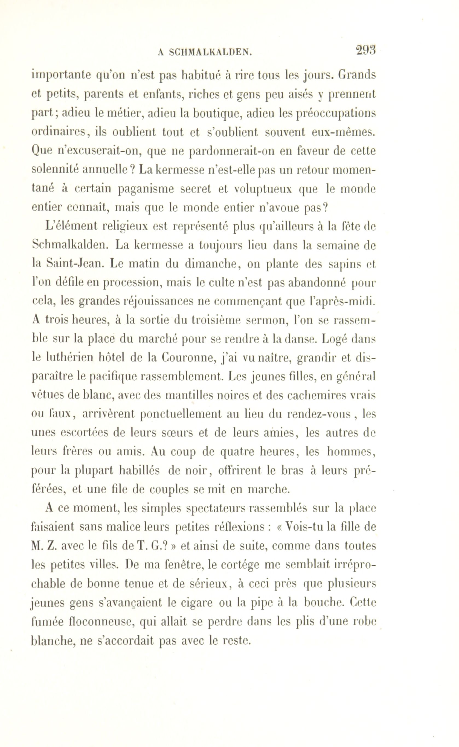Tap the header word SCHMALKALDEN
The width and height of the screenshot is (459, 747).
point(210,53)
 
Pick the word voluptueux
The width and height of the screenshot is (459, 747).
point(263,189)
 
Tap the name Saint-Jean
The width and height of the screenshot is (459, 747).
point(72,264)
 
